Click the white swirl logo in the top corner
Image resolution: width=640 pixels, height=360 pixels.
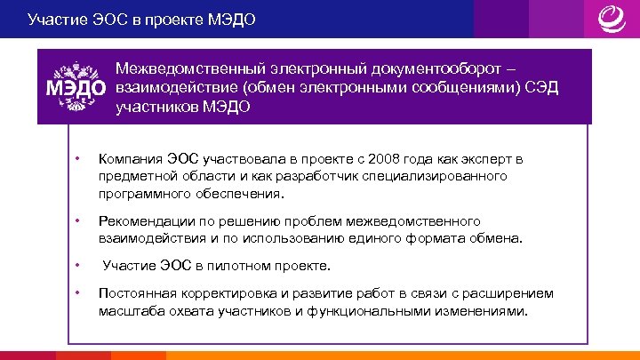611,19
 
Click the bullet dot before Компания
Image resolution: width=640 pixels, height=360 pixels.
78,159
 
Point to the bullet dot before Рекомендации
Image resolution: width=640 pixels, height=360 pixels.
78,220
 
